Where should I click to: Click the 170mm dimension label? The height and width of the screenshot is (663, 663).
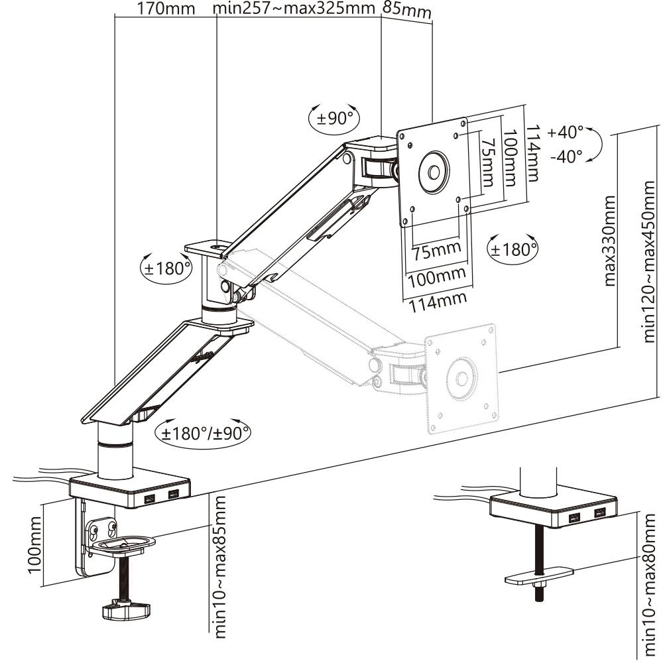pos(166,9)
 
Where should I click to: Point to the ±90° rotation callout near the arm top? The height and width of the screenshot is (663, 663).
pos(335,119)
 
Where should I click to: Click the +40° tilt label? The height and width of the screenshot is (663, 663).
pos(566,132)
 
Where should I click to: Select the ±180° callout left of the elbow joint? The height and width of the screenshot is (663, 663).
pos(166,269)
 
